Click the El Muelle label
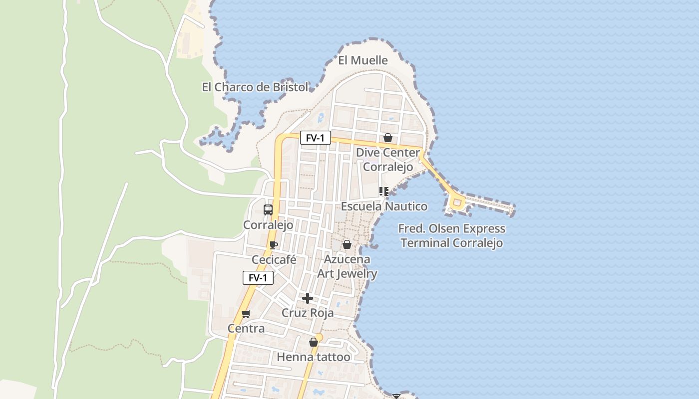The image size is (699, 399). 363,60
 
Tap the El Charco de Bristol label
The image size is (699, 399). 255,87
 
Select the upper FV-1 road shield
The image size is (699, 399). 316,138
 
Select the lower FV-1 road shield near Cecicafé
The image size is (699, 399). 258,278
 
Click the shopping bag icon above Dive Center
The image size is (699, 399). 388,138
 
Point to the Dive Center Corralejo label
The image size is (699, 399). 388,160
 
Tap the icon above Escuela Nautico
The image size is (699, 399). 383,192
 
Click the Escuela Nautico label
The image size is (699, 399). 384,206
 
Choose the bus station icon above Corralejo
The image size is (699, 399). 268,209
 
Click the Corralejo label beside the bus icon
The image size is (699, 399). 268,225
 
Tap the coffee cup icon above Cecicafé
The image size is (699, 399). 273,245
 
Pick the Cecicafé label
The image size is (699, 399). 274,260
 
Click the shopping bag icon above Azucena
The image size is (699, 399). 347,245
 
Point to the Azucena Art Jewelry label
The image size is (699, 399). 347,266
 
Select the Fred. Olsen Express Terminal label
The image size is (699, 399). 452,236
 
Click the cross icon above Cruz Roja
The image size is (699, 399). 308,298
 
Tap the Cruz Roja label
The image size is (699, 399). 308,313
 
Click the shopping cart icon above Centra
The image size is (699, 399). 246,314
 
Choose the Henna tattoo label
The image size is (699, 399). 314,357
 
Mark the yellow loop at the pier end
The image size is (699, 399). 457,202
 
